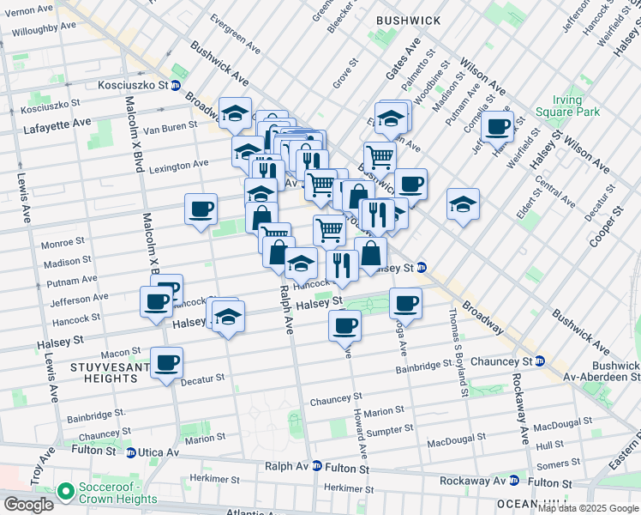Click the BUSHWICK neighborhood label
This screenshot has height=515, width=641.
point(408,21)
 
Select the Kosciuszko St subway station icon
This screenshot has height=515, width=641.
point(175,85)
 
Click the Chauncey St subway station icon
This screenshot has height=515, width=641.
point(539,360)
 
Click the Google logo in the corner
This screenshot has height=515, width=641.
point(28,505)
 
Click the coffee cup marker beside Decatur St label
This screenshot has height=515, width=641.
point(167,362)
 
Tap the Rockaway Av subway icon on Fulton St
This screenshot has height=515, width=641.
point(513,481)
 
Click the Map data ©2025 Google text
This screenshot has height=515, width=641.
point(587,508)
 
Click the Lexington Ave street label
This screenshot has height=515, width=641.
point(178,164)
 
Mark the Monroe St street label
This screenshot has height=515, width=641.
point(63,244)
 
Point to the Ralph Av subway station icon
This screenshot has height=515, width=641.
point(317,466)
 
